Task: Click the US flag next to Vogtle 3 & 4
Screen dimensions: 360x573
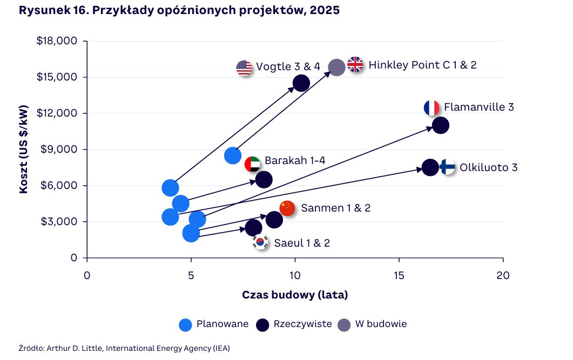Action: coord(244,68)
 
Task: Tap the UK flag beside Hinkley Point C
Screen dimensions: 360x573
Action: coord(355,65)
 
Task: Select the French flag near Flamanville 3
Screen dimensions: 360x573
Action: coord(432,108)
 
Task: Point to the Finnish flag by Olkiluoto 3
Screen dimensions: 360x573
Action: coord(448,167)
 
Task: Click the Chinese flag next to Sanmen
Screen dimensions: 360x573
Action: coord(287,208)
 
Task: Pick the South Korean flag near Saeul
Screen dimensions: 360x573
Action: coord(261,242)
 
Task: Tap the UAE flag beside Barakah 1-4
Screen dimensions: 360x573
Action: coord(252,164)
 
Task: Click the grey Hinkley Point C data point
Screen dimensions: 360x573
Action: coord(336,67)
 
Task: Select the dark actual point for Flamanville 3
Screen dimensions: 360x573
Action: coord(441,125)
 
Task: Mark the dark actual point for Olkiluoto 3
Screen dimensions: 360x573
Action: coord(430,167)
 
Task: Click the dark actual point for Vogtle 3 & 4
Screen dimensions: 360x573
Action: coord(301,83)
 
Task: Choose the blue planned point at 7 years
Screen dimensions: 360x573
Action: coord(233,155)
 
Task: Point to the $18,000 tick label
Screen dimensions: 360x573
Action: coord(57,41)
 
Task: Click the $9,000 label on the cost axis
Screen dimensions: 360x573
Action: coord(59,150)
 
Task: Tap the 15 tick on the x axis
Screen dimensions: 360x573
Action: coord(399,275)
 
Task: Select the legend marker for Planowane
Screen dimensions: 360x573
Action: coord(186,324)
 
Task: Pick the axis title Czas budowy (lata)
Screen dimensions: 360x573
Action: coord(295,295)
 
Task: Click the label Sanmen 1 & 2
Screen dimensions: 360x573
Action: coord(336,208)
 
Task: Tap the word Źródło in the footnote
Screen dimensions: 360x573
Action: coord(31,348)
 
